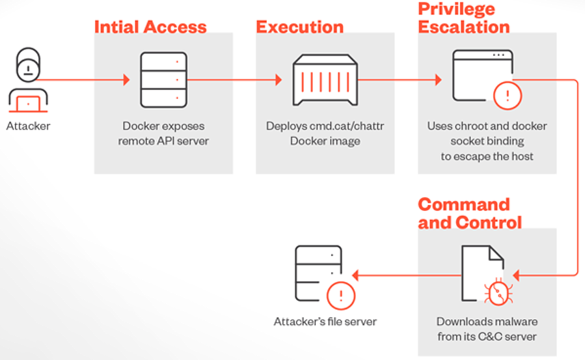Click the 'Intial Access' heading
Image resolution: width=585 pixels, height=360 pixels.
(150, 27)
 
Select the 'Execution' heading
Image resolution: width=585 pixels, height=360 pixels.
(299, 27)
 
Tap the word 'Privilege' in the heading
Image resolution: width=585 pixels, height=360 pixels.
(456, 9)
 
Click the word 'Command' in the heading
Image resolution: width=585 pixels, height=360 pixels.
(463, 204)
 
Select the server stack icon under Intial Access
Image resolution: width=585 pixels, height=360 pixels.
(163, 80)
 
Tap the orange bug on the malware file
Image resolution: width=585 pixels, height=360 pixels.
(498, 292)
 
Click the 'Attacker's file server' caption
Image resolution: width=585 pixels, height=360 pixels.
(325, 322)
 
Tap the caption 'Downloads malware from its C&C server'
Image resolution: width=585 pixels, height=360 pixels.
(487, 329)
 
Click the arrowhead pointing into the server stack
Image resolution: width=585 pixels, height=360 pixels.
(126, 80)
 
